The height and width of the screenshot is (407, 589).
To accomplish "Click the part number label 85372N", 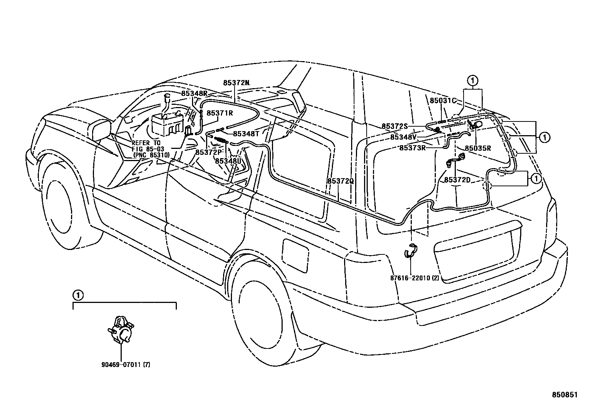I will [236, 83].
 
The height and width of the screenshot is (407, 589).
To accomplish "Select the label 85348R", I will [194, 94].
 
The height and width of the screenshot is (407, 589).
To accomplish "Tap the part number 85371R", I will [219, 113].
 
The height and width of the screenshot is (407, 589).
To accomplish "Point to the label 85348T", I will [246, 134].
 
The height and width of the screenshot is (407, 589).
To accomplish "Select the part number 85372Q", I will [340, 181].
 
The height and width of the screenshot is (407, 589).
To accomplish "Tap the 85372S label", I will [395, 126].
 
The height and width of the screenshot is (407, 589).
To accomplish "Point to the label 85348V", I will [403, 137].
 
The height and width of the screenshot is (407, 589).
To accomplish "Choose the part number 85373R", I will [412, 148].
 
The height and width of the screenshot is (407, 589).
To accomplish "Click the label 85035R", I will [478, 148].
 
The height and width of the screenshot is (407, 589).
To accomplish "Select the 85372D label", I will [457, 180].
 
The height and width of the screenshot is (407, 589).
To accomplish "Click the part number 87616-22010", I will [411, 278].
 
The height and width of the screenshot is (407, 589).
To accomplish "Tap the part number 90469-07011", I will [121, 364].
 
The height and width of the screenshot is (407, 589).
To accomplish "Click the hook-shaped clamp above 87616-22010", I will [410, 251].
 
